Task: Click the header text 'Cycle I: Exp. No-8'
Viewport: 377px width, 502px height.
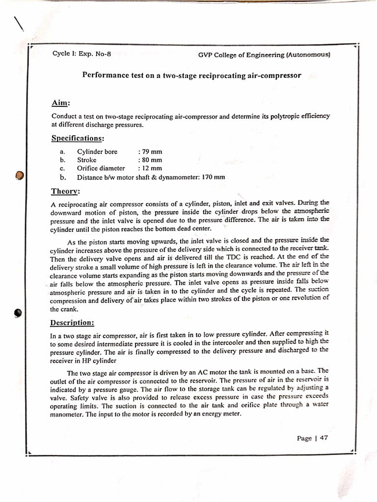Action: [x=81, y=54]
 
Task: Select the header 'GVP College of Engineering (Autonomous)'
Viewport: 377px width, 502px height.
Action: [x=264, y=55]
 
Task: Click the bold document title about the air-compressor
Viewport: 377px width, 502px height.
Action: [x=191, y=76]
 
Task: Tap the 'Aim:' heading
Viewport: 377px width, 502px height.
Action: [x=61, y=103]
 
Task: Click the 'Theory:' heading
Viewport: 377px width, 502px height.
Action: [x=66, y=191]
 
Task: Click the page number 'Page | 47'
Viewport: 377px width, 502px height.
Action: [x=312, y=438]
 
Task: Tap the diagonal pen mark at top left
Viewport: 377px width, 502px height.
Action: [x=19, y=24]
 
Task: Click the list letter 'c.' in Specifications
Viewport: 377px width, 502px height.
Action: [x=63, y=168]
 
